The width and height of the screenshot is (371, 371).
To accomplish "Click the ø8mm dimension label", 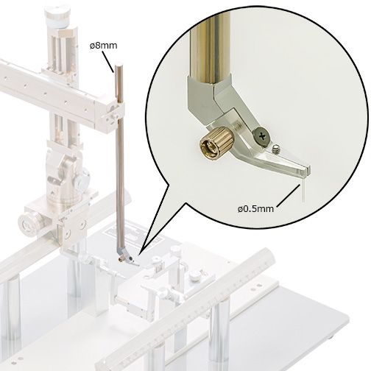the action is pyautogui.click(x=103, y=46).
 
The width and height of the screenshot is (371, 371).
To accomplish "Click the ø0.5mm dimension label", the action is pyautogui.click(x=255, y=209).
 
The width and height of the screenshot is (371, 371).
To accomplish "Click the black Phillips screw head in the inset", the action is pyautogui.click(x=262, y=136).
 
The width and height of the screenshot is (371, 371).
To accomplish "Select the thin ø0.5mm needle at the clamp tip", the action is pyautogui.click(x=303, y=189).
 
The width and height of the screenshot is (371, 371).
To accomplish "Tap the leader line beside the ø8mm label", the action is pyautogui.click(x=107, y=62).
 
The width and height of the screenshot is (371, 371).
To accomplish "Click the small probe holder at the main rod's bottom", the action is pyautogui.click(x=126, y=258).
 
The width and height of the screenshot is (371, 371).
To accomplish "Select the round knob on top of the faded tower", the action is pyautogui.click(x=57, y=15).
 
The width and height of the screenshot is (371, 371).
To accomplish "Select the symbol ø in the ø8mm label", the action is pyautogui.click(x=92, y=46).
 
